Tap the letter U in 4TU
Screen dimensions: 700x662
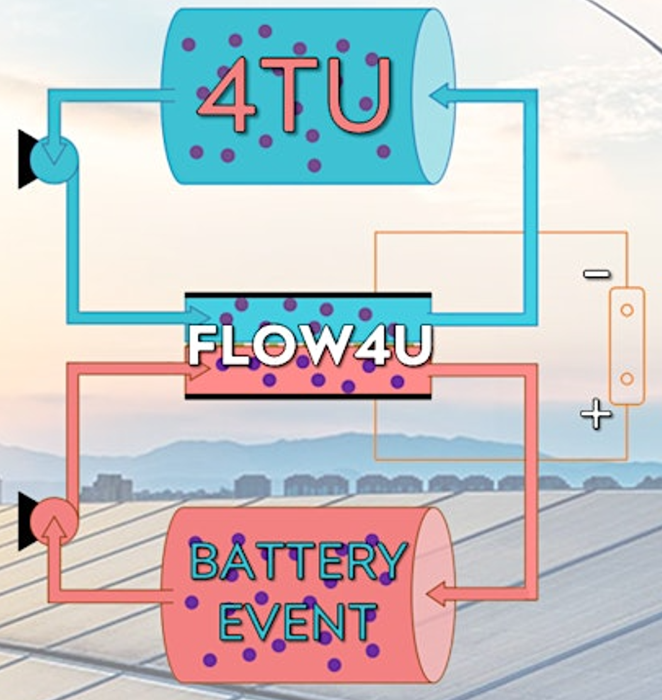pos(362,94)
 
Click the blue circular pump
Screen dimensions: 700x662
pos(54,159)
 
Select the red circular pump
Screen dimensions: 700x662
pos(55,521)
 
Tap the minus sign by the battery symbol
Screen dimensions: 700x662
pos(596,274)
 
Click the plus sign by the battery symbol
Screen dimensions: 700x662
pos(595,416)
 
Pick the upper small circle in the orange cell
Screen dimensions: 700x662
pos(627,310)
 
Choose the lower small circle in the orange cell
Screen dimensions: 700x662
pos(627,378)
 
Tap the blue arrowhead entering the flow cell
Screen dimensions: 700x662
pos(203,314)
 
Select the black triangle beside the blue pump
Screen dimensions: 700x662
pos(26,159)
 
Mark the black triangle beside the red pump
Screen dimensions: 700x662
pos(26,521)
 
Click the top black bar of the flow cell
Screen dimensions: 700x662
pos(308,295)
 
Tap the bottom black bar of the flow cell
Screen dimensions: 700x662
pos(308,397)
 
